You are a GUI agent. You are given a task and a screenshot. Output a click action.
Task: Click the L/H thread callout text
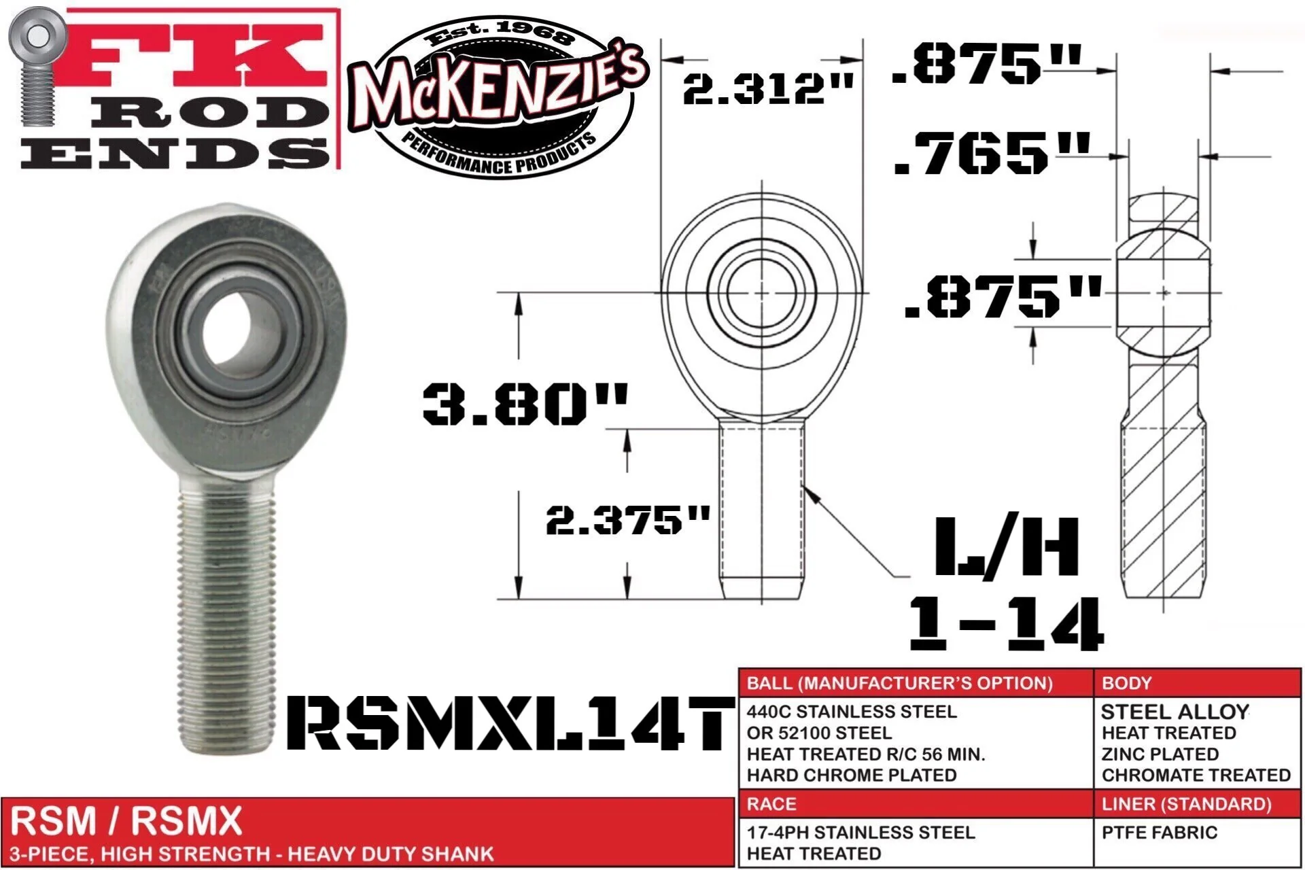point(1006,547)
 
